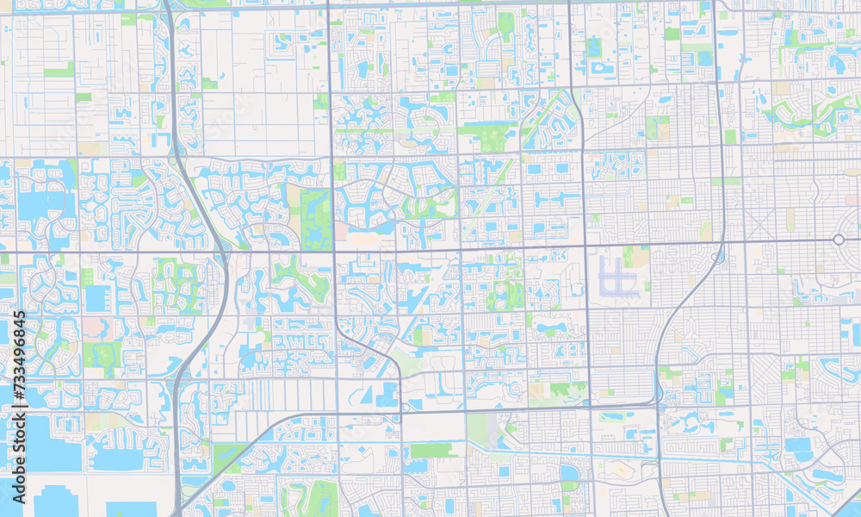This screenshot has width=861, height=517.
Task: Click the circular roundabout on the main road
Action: (x=839, y=239)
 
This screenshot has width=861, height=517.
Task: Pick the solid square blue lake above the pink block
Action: (x=96, y=299)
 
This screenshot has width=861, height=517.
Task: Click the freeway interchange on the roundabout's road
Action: (x=716, y=255)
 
